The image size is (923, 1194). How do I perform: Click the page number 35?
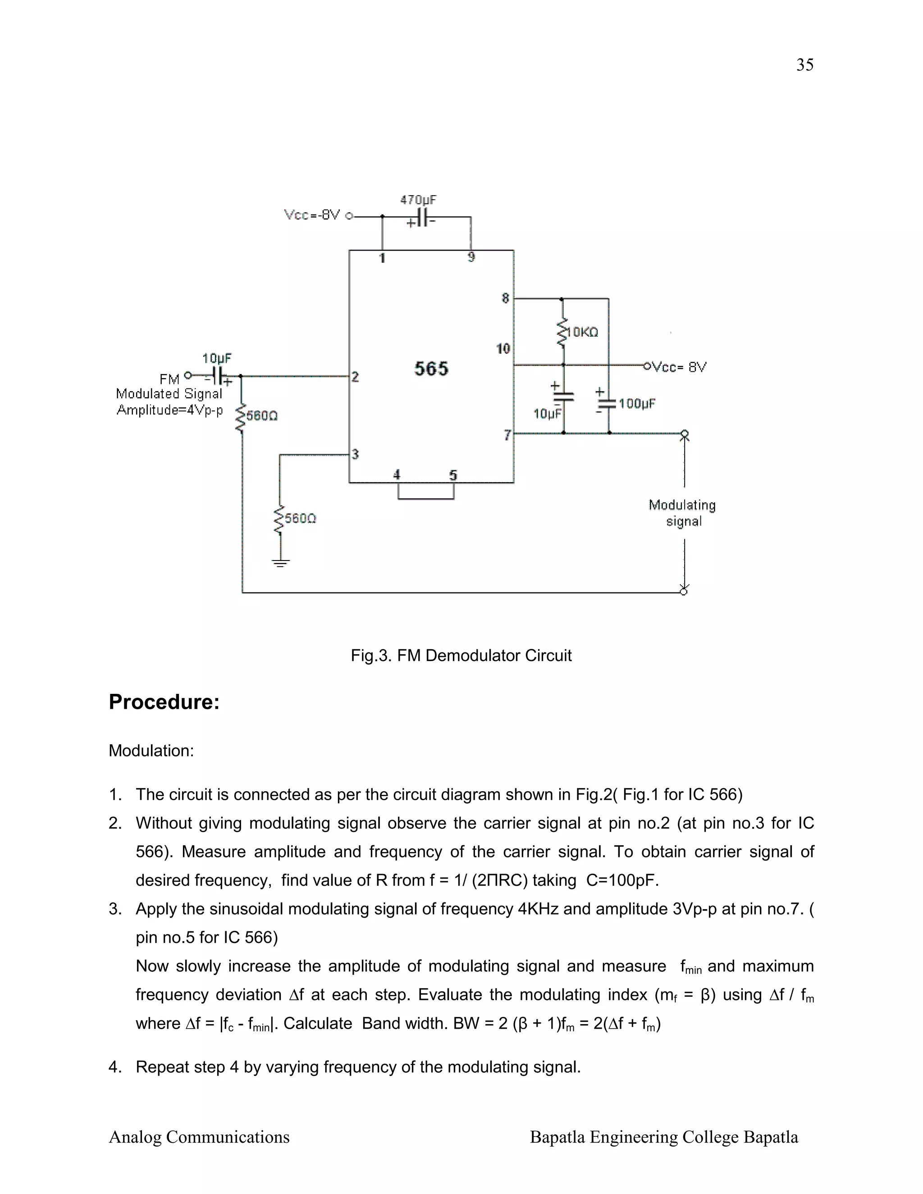coord(804,65)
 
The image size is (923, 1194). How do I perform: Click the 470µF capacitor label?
coord(418,200)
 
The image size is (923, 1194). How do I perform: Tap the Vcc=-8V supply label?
coord(312,215)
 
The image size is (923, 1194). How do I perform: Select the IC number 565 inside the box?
coord(431,369)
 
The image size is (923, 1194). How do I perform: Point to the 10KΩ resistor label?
coord(583,333)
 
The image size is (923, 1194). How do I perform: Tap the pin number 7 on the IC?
coord(507,435)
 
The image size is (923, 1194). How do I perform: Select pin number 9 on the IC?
coord(471,257)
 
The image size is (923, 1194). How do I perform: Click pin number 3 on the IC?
coord(356,454)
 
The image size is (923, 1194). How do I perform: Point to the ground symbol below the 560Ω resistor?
coord(280,563)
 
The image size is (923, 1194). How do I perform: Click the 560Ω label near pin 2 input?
coord(262,415)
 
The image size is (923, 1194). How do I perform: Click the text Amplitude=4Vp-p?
coord(169,410)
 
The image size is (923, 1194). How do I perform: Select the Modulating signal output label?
coord(682,513)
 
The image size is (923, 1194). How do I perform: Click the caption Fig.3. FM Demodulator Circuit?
coord(461,656)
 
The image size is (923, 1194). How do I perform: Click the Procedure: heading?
coord(164,702)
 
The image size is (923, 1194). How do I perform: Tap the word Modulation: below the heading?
coord(151,751)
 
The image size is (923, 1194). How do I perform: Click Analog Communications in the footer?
coord(199,1137)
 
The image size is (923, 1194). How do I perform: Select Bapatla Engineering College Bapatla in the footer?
coord(664,1137)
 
